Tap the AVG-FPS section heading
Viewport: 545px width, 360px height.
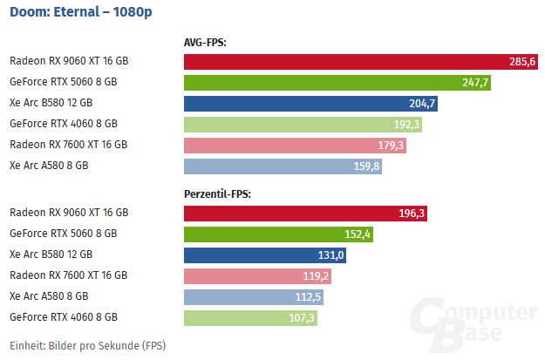tap(205, 42)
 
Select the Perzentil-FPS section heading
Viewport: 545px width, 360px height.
tap(218, 193)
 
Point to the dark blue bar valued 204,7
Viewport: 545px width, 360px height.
tap(310, 103)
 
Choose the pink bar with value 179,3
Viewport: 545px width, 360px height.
tap(295, 145)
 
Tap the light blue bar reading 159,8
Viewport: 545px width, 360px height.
tap(283, 166)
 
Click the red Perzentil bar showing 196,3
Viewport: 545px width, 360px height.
tap(305, 213)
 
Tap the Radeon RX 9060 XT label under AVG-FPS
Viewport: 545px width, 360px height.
tap(69, 61)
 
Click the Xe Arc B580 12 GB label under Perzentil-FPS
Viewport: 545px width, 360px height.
tap(51, 255)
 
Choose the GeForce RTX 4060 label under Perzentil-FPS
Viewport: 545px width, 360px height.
tap(63, 317)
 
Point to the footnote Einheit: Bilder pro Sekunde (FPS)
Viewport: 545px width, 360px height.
tap(87, 345)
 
